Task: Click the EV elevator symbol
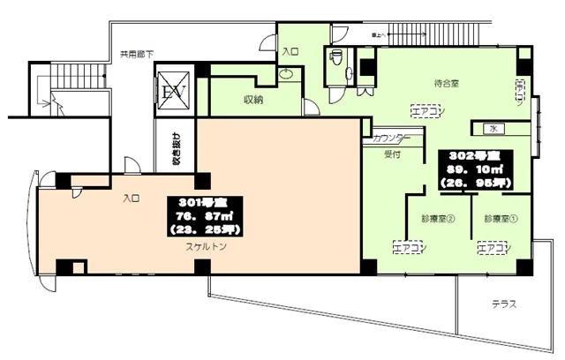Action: click(170, 92)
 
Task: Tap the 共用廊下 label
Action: click(137, 54)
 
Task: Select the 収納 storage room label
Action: click(253, 100)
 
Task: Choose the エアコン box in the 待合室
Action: click(426, 110)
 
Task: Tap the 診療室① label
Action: click(499, 217)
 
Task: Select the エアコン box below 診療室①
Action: click(492, 249)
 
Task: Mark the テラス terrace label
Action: click(504, 304)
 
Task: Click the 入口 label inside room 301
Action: click(132, 199)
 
